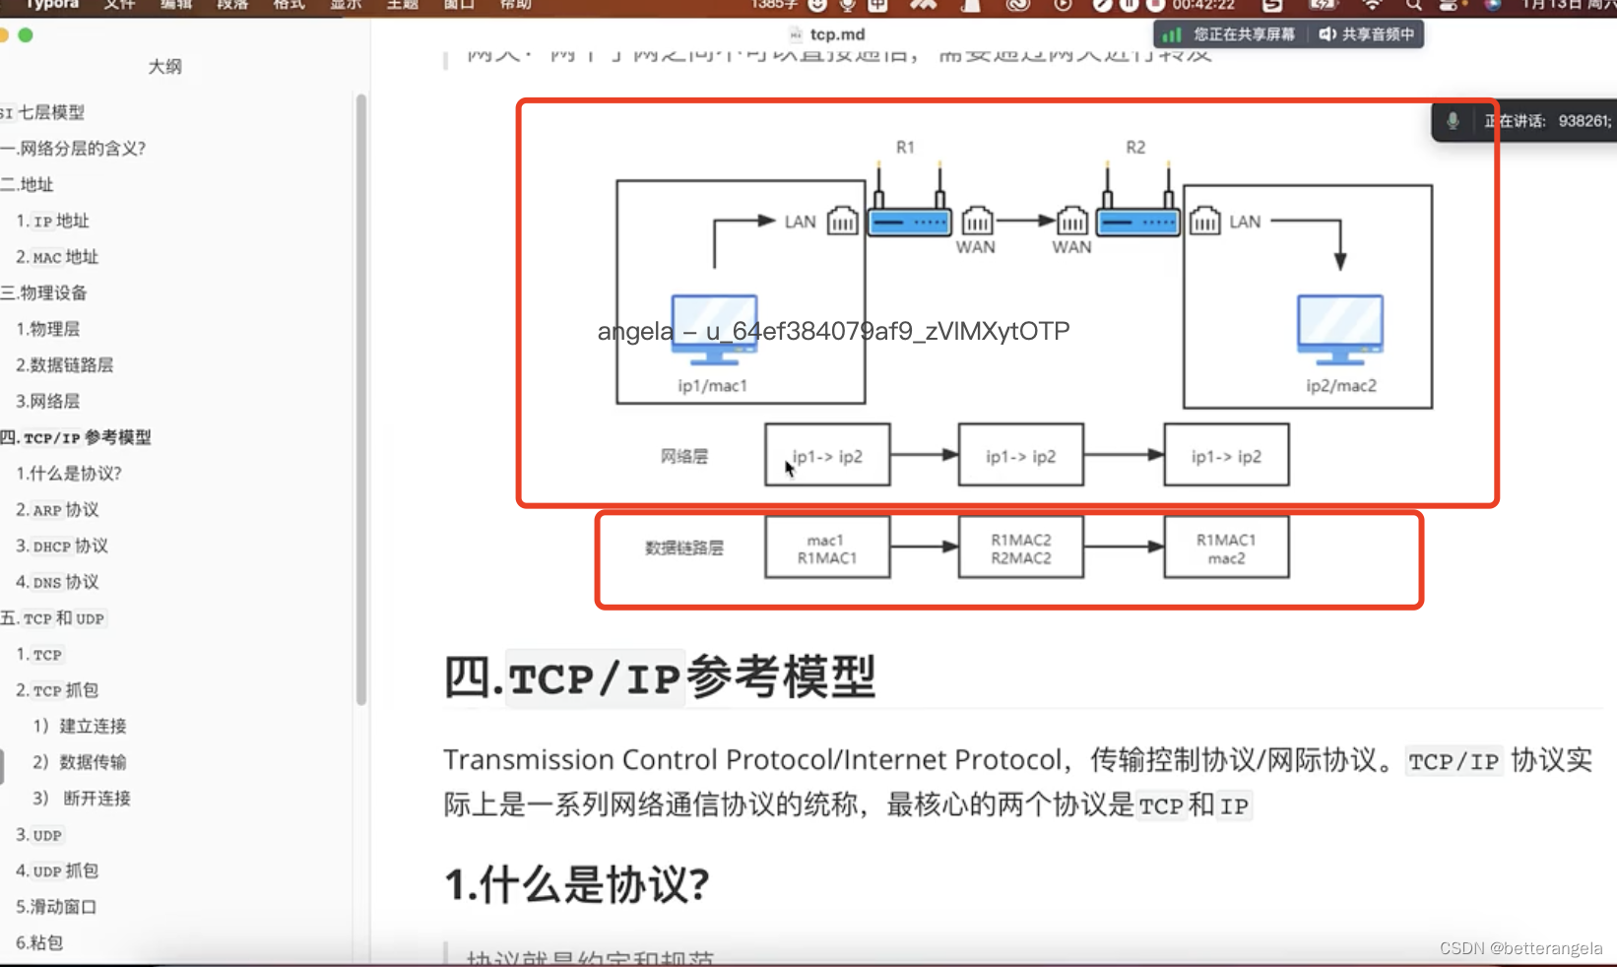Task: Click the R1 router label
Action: [x=905, y=148]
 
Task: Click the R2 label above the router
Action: [x=1135, y=148]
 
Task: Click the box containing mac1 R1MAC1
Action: [x=827, y=548]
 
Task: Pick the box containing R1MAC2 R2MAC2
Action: [x=1020, y=548]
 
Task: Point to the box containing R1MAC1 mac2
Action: [x=1226, y=548]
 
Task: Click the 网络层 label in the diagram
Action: [x=684, y=456]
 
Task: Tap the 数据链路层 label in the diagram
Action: [x=684, y=548]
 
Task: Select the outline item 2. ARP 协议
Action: [x=57, y=510]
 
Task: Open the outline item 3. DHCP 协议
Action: [x=62, y=547]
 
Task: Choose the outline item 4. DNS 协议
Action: [x=57, y=582]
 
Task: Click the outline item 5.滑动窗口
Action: [x=56, y=907]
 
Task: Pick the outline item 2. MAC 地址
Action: [x=57, y=257]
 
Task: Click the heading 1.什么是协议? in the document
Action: [x=576, y=884]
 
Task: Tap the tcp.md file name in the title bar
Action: [x=837, y=34]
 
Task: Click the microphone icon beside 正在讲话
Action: [x=1453, y=121]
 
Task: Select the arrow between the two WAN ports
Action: [x=1024, y=221]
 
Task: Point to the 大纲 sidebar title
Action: [x=164, y=67]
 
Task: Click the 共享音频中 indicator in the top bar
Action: [x=1368, y=34]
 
